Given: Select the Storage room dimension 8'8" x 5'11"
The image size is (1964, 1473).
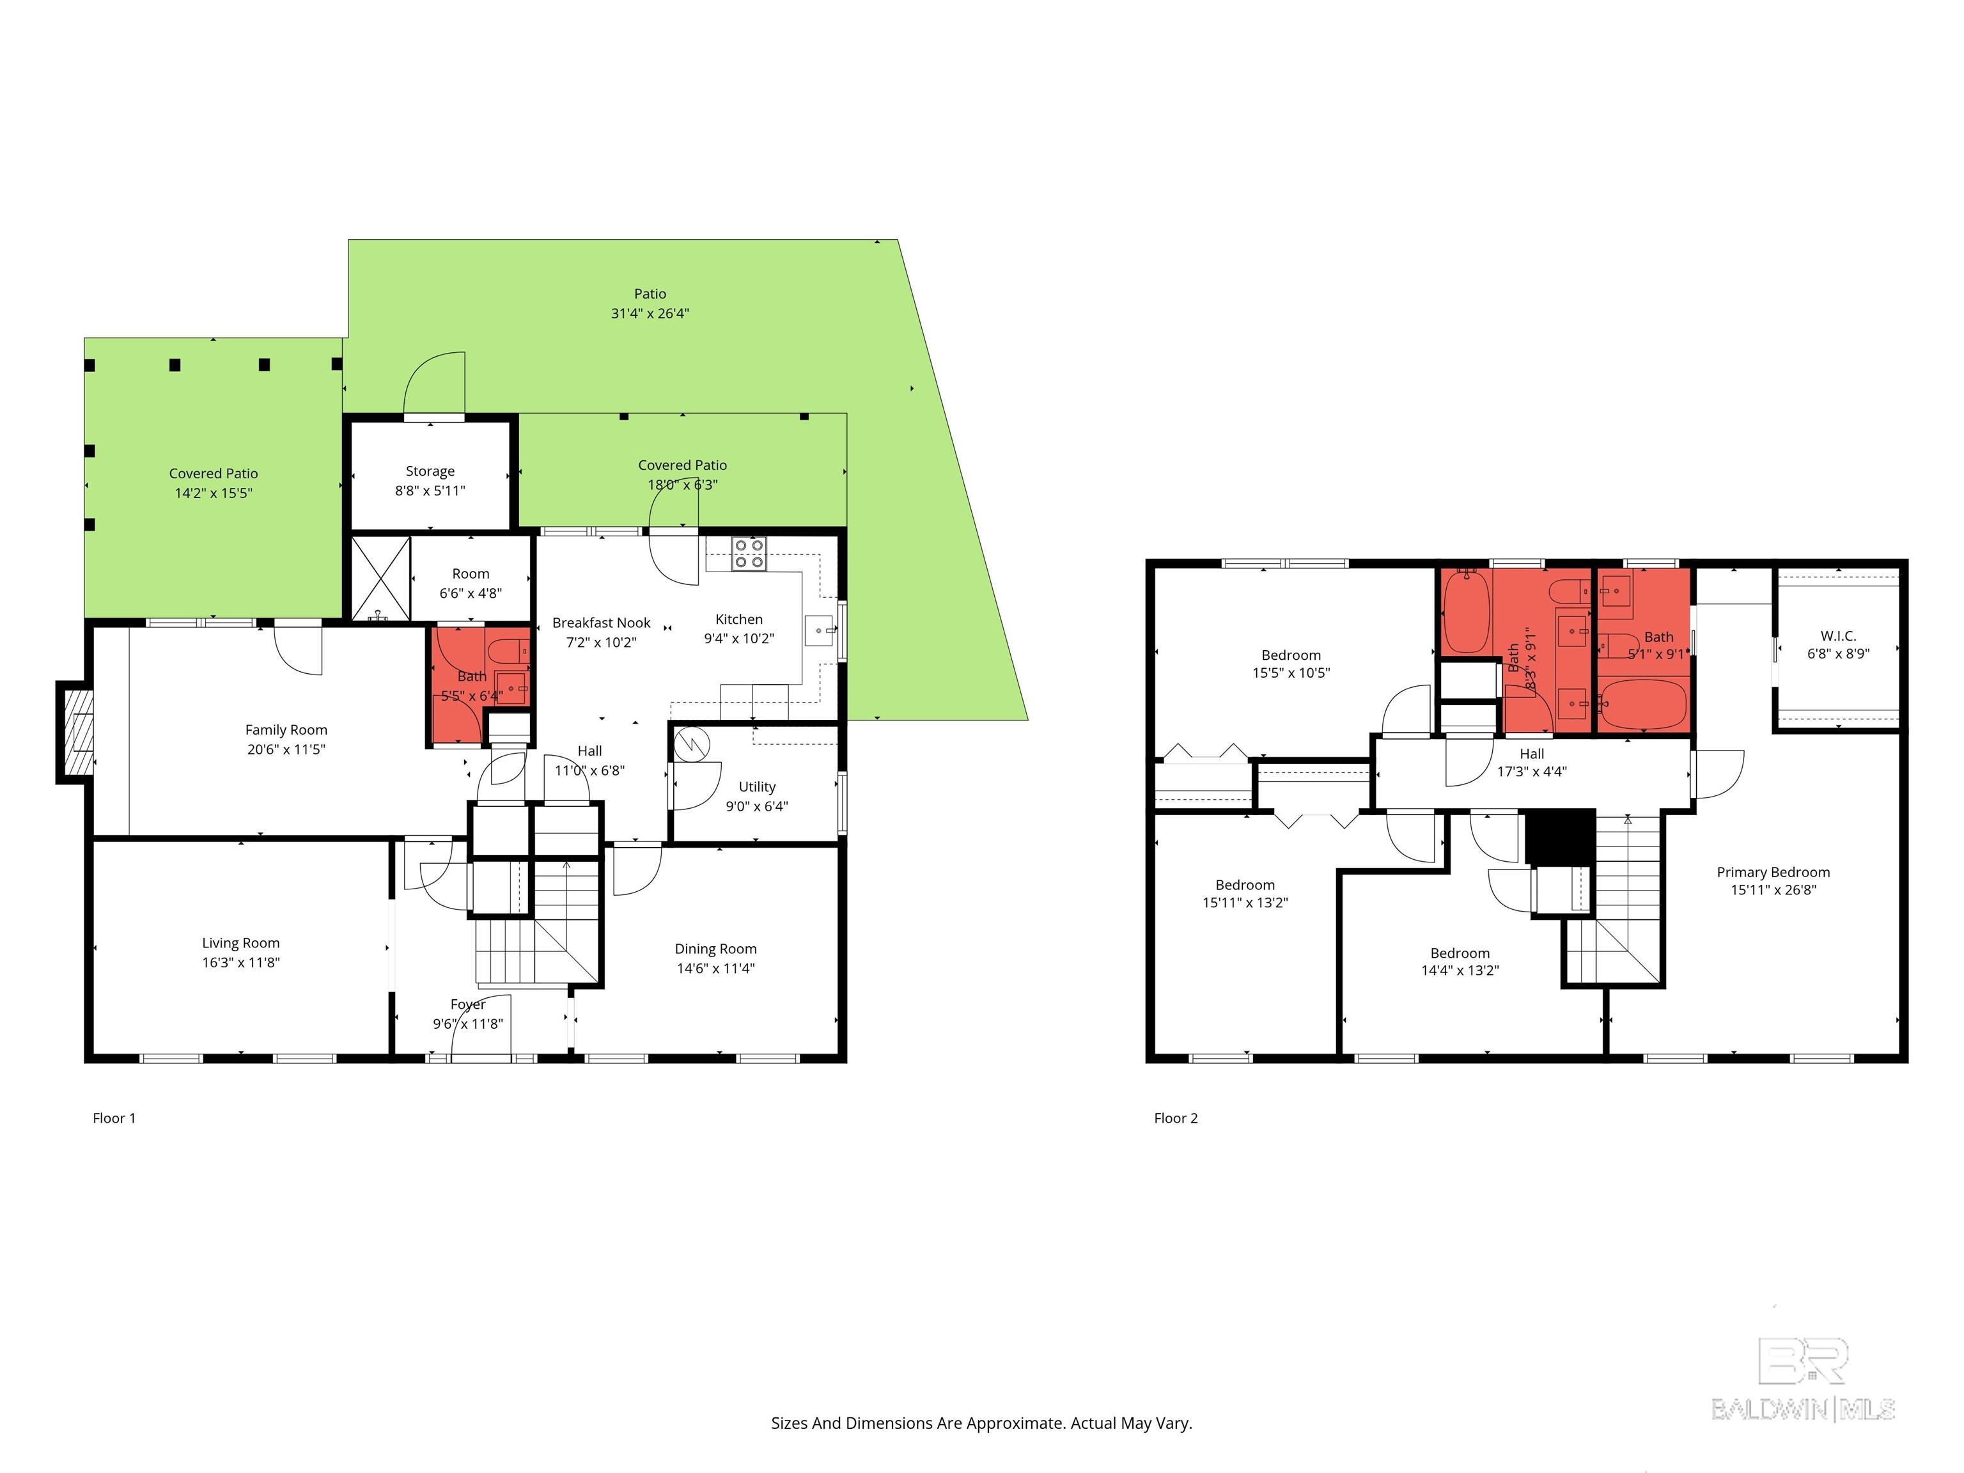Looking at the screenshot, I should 430,490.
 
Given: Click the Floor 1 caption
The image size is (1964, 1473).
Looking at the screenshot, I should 114,1118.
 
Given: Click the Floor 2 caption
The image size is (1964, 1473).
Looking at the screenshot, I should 1176,1118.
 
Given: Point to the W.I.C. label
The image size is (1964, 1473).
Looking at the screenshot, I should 1838,635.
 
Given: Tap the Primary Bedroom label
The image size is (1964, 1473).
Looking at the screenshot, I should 1772,872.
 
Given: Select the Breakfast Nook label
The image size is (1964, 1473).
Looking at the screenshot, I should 601,623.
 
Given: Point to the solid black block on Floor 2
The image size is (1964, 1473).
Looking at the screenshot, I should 1560,836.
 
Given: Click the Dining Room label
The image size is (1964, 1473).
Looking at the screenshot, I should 715,949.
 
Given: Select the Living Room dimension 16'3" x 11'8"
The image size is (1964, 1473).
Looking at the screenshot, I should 240,962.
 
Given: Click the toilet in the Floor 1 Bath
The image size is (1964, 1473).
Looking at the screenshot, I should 510,651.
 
